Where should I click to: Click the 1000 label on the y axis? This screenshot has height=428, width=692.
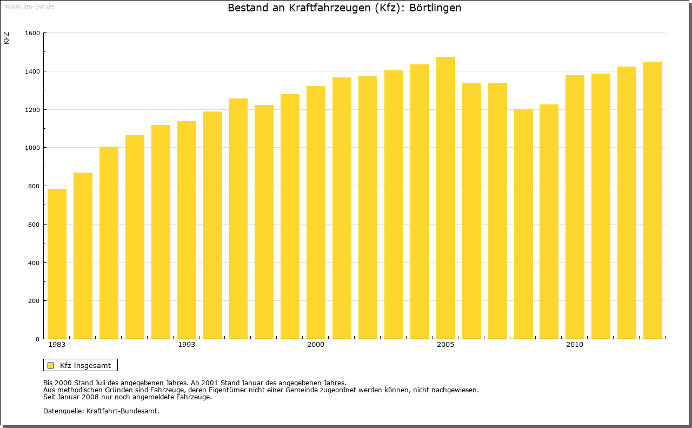[33, 148]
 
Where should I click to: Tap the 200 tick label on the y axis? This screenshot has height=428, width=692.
[35, 301]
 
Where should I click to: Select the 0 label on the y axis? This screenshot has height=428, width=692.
[38, 339]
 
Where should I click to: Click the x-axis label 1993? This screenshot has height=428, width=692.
[187, 345]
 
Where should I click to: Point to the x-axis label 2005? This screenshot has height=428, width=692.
[445, 345]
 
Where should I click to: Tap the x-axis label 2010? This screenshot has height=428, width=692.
[575, 345]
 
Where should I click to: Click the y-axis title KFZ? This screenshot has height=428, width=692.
[6, 38]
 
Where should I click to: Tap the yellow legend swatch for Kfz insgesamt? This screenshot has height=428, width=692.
[50, 365]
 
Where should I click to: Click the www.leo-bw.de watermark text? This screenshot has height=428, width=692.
[29, 6]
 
